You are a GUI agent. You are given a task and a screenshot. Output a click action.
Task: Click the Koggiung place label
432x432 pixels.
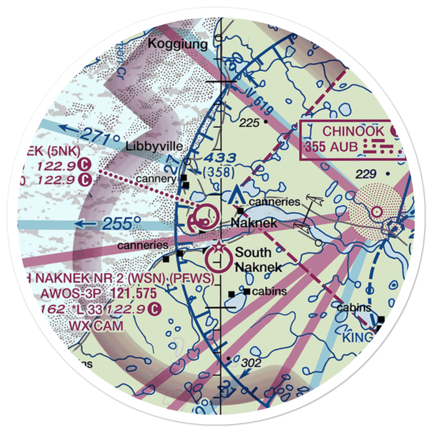178,44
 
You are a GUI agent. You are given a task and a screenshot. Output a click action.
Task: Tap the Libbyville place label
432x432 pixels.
154,147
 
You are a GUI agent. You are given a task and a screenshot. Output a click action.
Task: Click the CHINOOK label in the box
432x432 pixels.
353,131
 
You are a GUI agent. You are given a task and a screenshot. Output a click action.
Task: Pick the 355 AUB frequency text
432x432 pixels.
331,147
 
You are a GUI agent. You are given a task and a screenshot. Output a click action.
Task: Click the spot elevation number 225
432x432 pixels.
250,123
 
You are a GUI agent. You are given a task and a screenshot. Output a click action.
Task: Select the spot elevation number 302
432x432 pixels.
251,363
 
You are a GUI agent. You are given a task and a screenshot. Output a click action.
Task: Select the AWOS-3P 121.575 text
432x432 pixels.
98,294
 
